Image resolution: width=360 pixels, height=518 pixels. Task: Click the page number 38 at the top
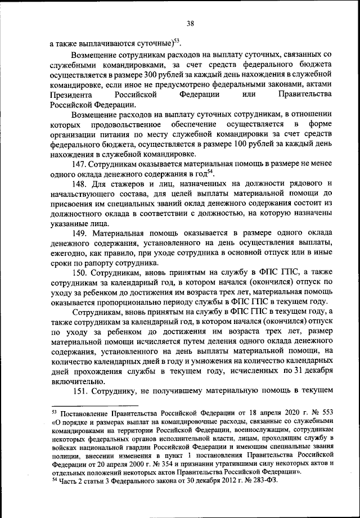click(190, 23)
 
